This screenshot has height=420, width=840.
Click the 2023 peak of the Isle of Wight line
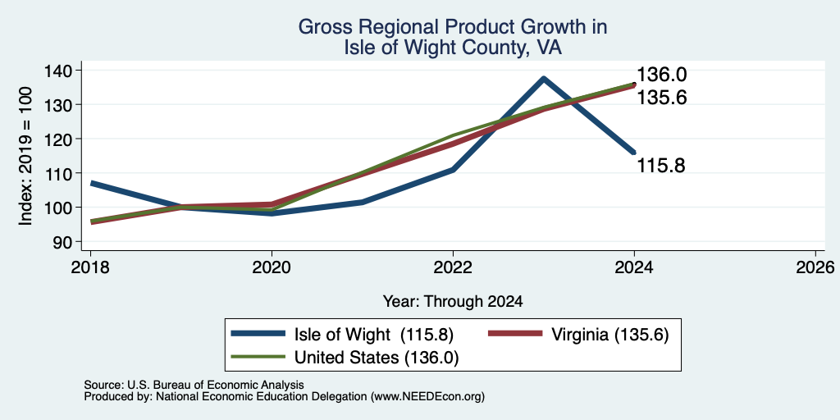543,79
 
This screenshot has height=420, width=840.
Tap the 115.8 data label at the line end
661,166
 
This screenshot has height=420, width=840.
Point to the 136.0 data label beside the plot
661,75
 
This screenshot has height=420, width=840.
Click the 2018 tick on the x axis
90,267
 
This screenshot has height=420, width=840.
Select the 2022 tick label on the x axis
453,267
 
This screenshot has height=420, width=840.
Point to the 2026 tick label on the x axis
815,267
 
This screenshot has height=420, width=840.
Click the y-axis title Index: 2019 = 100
26,156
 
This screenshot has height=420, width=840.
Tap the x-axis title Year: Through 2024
453,302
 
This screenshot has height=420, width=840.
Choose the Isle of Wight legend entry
343,335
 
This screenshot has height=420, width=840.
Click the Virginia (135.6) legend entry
578,335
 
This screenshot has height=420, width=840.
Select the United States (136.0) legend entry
345,358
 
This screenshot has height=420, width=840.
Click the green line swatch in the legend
258,358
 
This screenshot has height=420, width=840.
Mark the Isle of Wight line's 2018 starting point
92,183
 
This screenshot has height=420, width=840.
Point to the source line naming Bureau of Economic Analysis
194,385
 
